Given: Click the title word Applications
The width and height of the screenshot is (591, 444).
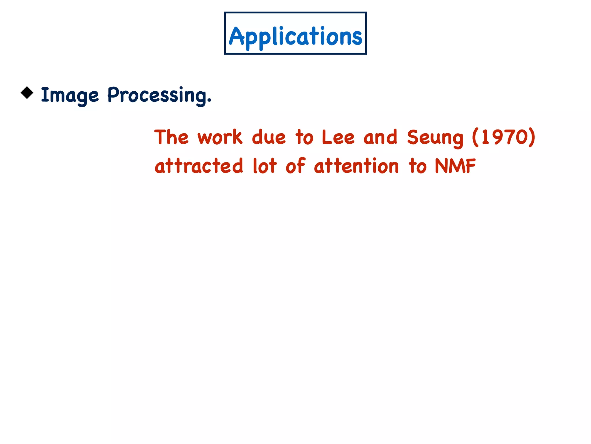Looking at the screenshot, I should point(295,36).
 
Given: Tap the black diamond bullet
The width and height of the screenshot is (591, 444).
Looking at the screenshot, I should point(27,93).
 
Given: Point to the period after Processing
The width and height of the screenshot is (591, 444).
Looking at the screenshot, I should point(209,101).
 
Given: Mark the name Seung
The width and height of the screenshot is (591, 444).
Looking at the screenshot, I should point(435,138).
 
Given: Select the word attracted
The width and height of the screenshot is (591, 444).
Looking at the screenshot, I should point(199,166).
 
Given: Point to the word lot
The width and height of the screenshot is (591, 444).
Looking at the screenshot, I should point(265,166).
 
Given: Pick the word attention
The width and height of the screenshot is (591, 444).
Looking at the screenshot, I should point(356,166).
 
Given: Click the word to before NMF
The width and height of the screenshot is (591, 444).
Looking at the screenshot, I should point(418,166).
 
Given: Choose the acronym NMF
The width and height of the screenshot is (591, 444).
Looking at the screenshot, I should point(455,166).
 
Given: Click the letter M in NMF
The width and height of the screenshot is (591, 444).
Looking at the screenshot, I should point(456,166).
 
